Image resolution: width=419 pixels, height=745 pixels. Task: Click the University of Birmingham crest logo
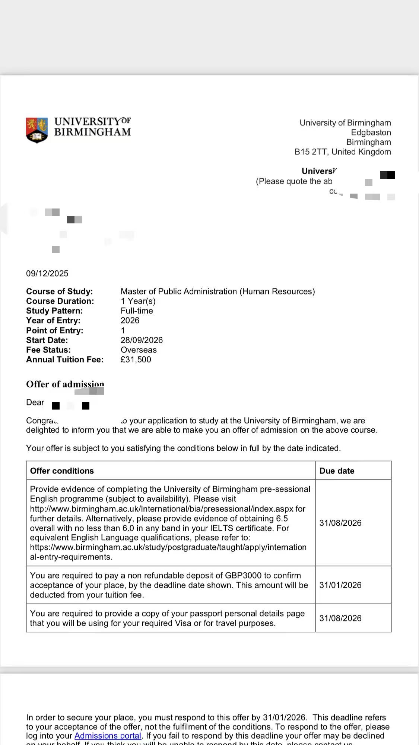[37, 130]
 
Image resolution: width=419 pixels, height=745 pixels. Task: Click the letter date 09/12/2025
[47, 274]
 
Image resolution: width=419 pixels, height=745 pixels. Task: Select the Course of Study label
[60, 292]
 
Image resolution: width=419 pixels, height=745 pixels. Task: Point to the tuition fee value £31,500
[136, 360]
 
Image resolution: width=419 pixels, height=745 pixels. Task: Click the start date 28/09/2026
[142, 340]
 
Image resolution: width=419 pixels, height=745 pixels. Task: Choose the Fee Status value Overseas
[139, 350]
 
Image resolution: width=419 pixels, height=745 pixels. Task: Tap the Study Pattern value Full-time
[137, 311]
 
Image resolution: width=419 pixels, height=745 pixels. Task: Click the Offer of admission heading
[65, 384]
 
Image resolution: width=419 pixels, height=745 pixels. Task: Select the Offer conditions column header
[62, 471]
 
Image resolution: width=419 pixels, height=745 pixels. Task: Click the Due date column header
[337, 471]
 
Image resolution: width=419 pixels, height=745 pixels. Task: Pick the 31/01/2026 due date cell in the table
[340, 585]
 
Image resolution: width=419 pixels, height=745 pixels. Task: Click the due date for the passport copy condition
[340, 618]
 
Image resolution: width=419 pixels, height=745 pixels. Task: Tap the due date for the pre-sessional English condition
[340, 523]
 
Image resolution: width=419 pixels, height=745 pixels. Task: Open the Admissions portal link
[108, 736]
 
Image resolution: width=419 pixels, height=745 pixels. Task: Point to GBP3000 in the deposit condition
[243, 576]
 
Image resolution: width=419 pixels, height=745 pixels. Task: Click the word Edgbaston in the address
[371, 133]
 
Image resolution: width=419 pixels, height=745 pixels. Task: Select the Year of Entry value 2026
[130, 321]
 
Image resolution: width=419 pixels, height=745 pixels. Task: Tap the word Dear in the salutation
[35, 402]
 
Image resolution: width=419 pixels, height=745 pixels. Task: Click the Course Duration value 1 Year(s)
[138, 301]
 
